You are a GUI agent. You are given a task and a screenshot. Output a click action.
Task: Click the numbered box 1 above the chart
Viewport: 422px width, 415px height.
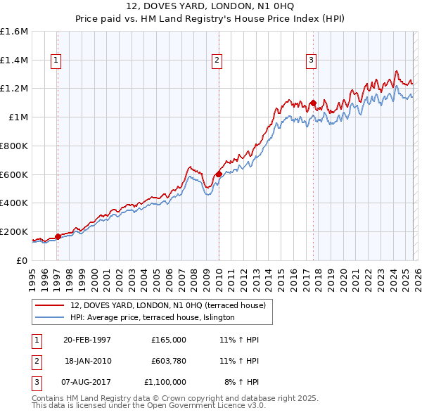pyautogui.click(x=55, y=61)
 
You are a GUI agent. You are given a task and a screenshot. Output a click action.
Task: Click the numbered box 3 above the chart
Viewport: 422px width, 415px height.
pyautogui.click(x=310, y=61)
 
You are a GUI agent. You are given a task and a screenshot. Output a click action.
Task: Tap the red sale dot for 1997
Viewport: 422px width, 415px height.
pyautogui.click(x=58, y=236)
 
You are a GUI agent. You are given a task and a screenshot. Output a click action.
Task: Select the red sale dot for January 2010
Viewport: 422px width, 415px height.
pyautogui.click(x=219, y=173)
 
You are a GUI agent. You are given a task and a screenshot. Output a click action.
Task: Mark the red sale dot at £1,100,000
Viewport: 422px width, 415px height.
pyautogui.click(x=312, y=103)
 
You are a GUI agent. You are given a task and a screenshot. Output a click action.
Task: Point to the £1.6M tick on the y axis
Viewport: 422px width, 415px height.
pyautogui.click(x=14, y=32)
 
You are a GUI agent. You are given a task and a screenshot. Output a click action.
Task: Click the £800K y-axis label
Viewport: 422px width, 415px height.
pyautogui.click(x=14, y=146)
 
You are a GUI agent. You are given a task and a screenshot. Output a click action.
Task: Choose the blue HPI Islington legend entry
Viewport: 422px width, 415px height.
pyautogui.click(x=152, y=318)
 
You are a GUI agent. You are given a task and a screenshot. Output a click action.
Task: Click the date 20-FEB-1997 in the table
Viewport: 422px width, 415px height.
pyautogui.click(x=87, y=340)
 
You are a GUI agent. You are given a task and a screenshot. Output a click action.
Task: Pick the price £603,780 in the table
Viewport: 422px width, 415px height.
pyautogui.click(x=169, y=361)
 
